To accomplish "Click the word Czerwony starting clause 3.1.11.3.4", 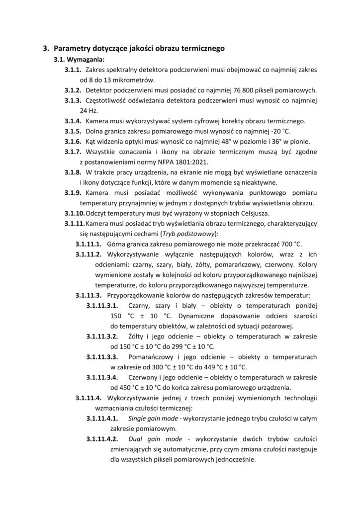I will pos(144,376).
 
